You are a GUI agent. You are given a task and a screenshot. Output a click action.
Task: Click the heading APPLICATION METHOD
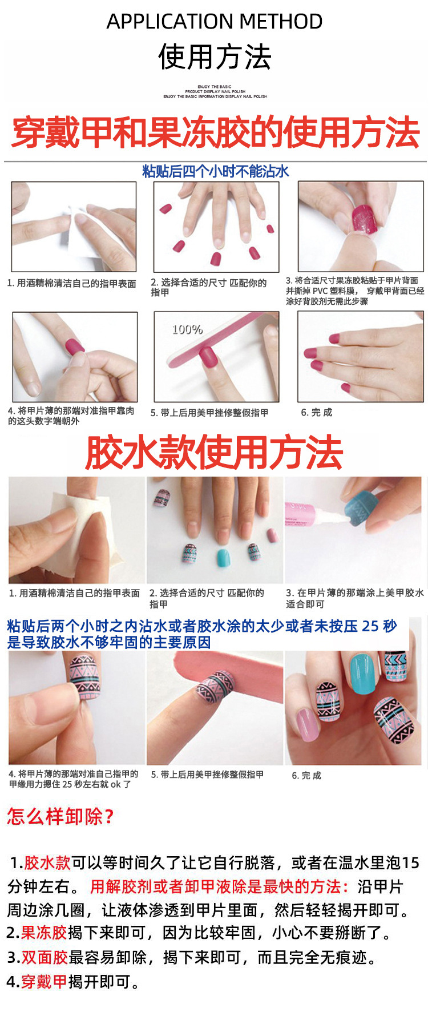pos(214,22)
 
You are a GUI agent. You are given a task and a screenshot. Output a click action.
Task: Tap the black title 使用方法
pos(214,57)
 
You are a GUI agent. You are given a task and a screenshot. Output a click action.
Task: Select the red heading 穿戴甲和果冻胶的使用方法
pos(215,132)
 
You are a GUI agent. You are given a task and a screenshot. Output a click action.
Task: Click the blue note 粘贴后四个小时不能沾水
pos(215,171)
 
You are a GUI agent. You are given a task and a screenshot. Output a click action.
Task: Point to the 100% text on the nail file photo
pos(187,329)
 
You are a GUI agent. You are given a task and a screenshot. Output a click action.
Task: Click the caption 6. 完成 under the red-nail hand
pos(316,412)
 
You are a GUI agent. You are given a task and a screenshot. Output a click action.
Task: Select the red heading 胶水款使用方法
pos(214,453)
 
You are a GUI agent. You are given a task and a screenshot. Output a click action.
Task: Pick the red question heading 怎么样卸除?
pos(60,816)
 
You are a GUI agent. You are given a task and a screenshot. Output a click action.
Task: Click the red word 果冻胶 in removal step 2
pos(45,933)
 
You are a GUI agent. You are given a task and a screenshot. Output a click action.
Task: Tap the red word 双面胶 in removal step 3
pos(45,957)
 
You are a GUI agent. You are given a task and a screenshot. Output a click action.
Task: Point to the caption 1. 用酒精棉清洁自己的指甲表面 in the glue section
pos(74,593)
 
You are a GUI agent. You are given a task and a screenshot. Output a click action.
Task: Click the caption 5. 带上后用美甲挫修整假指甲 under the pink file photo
pos(207,775)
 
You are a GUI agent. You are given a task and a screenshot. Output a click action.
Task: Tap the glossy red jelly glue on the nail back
pos(364,220)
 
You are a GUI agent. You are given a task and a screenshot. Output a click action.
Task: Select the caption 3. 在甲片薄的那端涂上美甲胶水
pos(354,593)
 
